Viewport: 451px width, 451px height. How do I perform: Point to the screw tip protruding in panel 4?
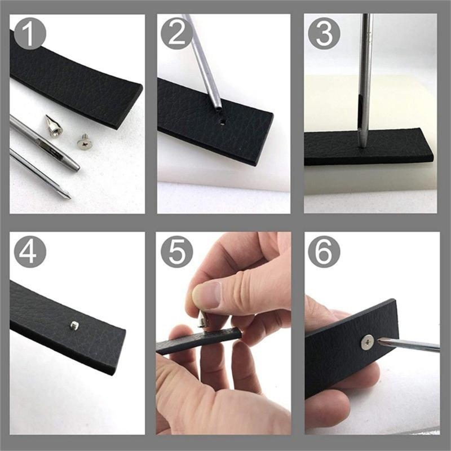click(74, 325)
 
